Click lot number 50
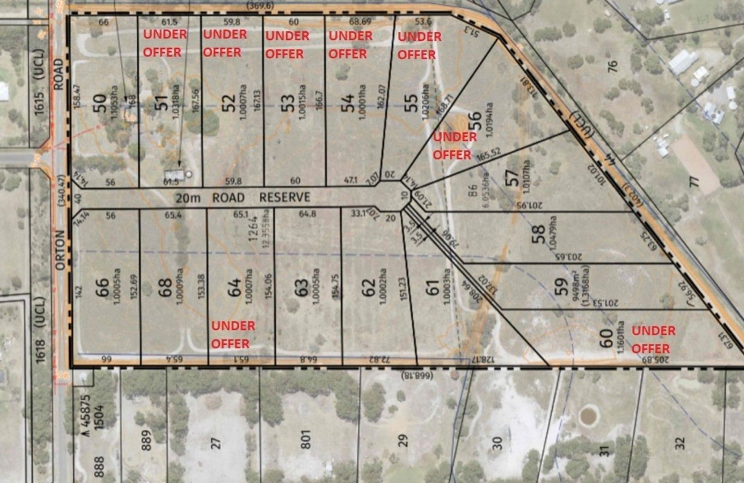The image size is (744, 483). tap(99, 103)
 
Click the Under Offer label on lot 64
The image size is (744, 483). tap(232, 335)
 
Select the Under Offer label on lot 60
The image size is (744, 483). tap(653, 340)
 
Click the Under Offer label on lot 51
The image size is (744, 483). tap(164, 43)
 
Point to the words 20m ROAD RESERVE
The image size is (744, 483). tap(243, 197)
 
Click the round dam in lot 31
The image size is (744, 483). tap(588, 416)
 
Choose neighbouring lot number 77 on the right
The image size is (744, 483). tap(693, 182)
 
